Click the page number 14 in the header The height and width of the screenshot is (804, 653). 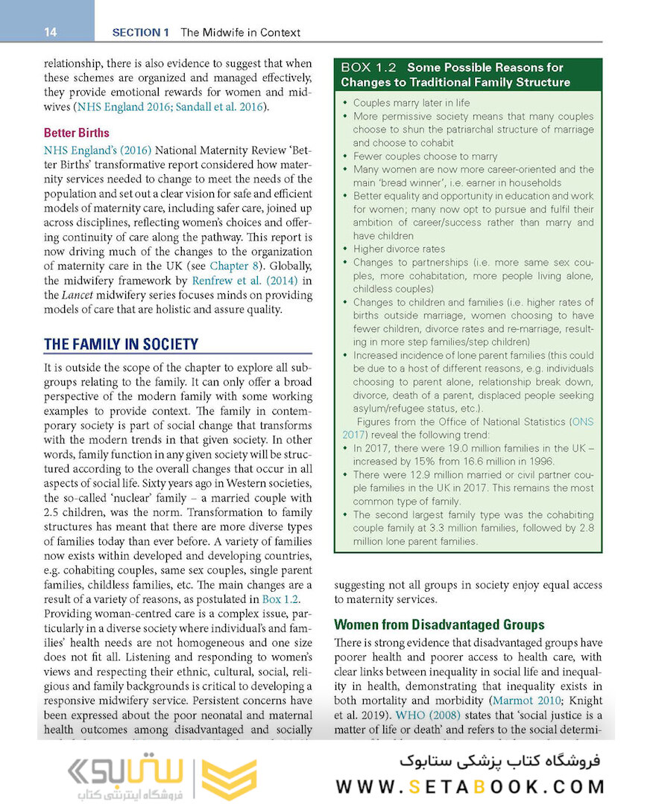click(x=51, y=32)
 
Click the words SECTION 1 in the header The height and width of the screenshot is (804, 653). click(x=141, y=32)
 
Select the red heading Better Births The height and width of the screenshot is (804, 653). click(x=76, y=133)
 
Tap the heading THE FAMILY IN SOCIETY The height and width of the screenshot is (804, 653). click(x=122, y=344)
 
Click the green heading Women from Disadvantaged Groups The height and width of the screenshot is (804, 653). click(x=439, y=625)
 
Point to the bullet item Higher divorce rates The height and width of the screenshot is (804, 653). click(x=399, y=249)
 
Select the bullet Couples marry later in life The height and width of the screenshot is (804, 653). click(x=411, y=103)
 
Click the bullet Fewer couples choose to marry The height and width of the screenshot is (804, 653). click(x=425, y=156)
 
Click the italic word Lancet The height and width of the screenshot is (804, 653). click(x=60, y=296)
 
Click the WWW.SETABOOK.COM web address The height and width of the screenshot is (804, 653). click(x=470, y=787)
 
